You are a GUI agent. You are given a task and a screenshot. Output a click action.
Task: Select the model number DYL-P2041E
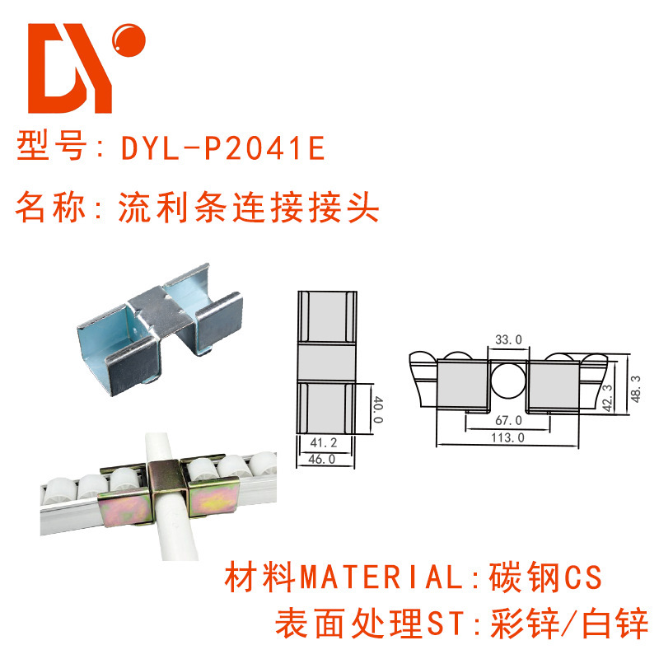point(223,148)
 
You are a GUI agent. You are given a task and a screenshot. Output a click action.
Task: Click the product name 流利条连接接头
point(248,208)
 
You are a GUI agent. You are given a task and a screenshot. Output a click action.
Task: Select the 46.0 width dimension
point(326,460)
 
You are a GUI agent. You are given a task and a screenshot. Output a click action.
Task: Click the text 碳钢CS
point(546,577)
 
